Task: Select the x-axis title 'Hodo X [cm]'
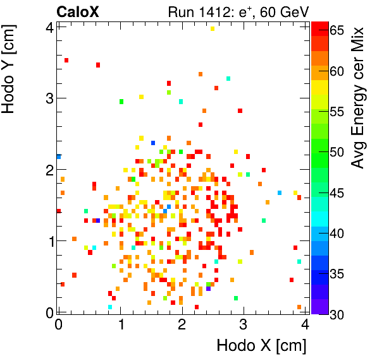pyautogui.click(x=261, y=346)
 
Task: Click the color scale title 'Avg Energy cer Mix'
pyautogui.click(x=357, y=98)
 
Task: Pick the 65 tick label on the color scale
pyautogui.click(x=337, y=30)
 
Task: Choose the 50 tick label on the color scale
pyautogui.click(x=337, y=152)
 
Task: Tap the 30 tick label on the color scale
pyautogui.click(x=337, y=314)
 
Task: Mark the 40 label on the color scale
pyautogui.click(x=337, y=233)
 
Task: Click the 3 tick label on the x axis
pyautogui.click(x=244, y=324)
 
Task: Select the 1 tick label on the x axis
pyautogui.click(x=120, y=324)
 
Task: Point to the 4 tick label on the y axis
pyautogui.click(x=49, y=27)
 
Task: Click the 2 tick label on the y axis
pyautogui.click(x=49, y=170)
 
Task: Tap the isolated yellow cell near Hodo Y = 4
pyautogui.click(x=213, y=28)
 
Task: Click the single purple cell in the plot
pyautogui.click(x=209, y=290)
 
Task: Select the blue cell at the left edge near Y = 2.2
pyautogui.click(x=59, y=157)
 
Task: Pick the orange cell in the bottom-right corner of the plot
pyautogui.click(x=299, y=307)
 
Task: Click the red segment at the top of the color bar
pyautogui.click(x=319, y=26)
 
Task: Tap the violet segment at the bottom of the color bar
pyautogui.click(x=319, y=309)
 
